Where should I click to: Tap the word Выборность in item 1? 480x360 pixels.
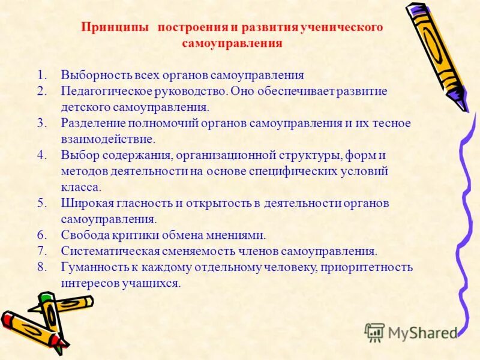point(91,76)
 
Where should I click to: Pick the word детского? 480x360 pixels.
point(82,107)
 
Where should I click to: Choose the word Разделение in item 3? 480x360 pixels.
point(89,123)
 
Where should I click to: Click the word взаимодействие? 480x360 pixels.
point(107,139)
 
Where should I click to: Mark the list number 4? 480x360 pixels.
point(41,155)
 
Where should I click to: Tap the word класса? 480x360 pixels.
point(80,187)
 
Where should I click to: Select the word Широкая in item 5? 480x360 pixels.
point(84,203)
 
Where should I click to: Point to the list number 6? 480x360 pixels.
point(41,235)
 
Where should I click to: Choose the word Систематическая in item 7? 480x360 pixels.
point(107,251)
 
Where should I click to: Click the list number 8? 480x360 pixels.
point(41,267)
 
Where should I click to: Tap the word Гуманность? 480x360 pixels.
point(91,267)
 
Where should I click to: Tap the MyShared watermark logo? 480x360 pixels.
point(412,332)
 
